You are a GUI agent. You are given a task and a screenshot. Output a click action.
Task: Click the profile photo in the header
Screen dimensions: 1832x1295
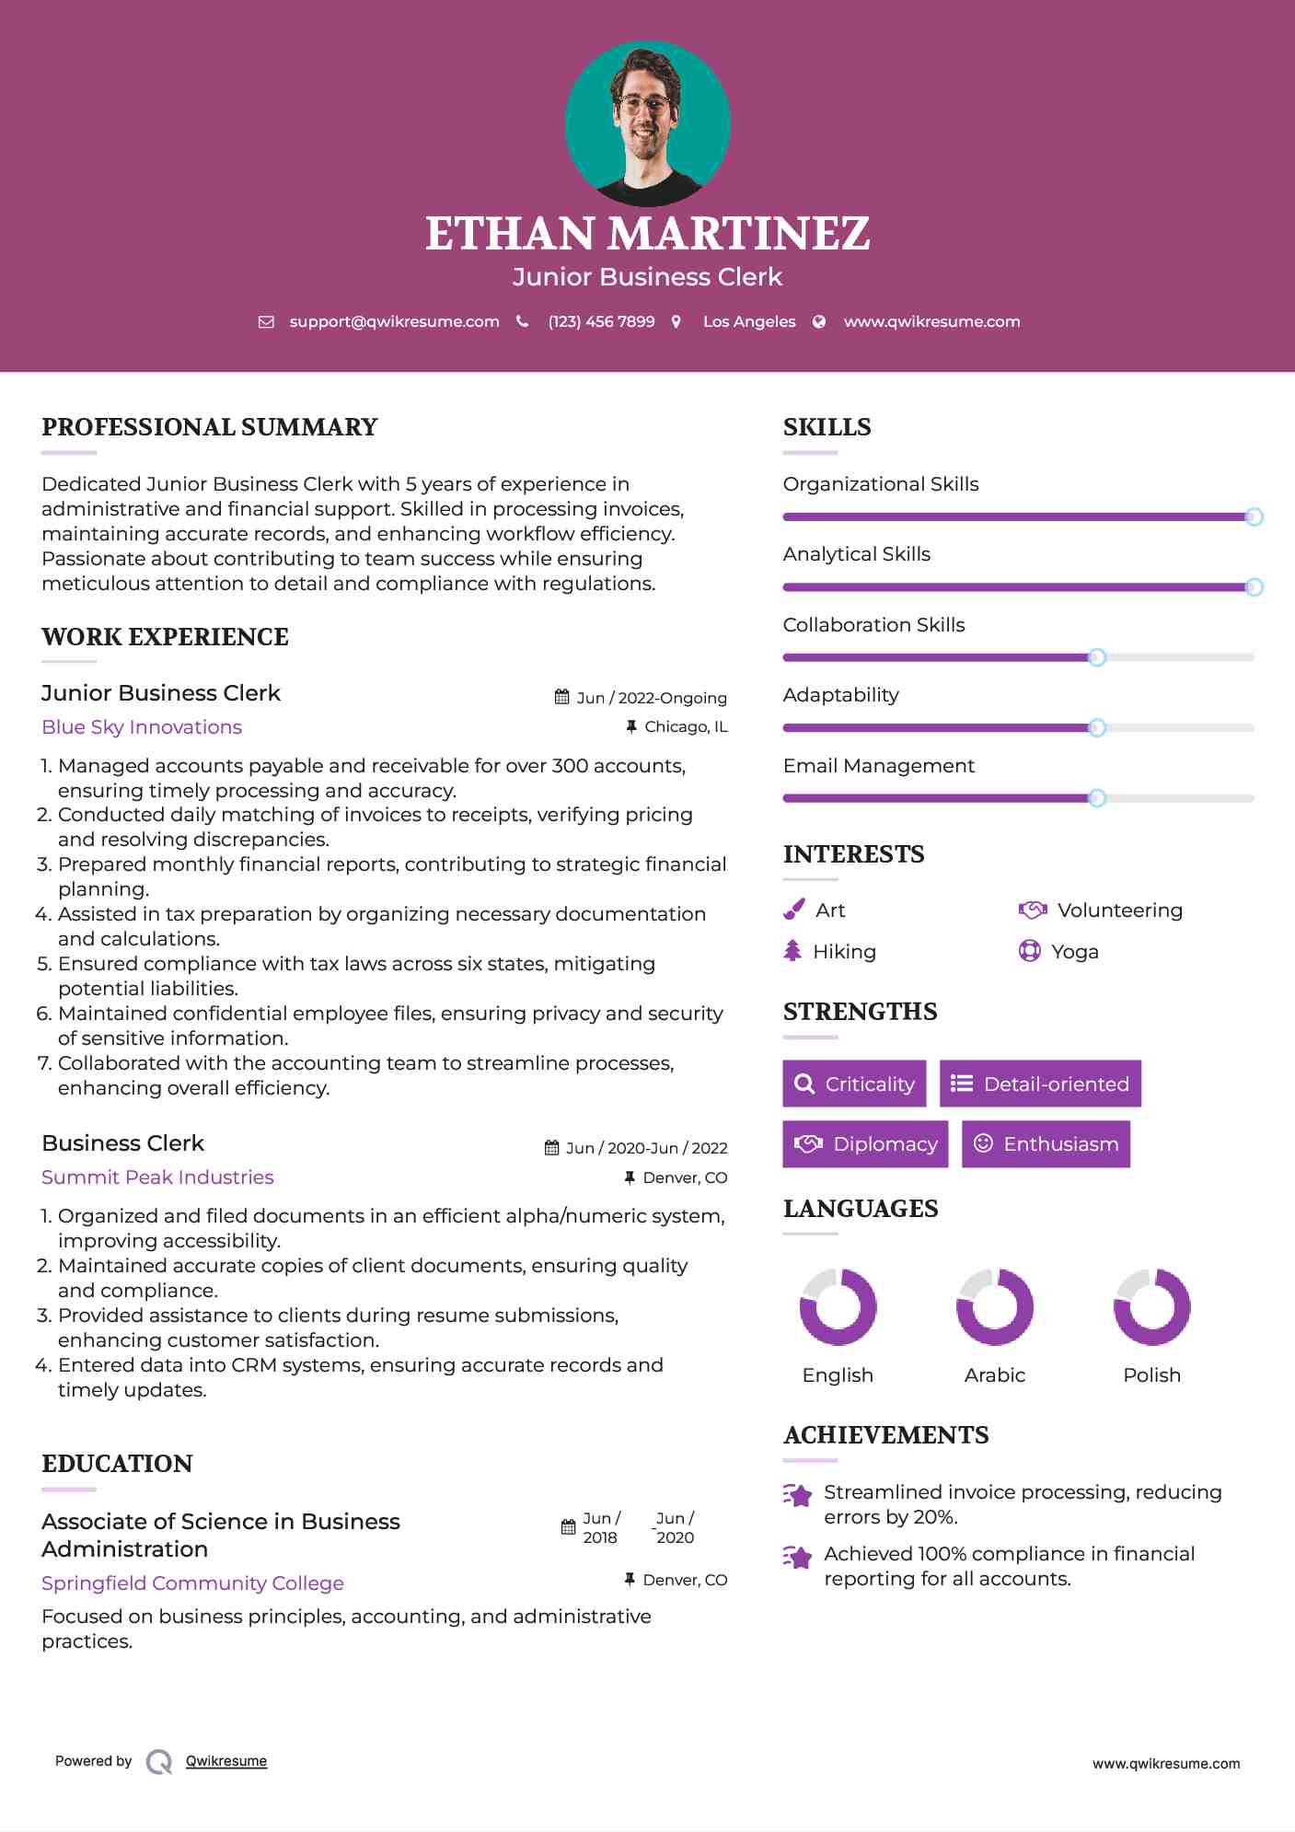tap(647, 123)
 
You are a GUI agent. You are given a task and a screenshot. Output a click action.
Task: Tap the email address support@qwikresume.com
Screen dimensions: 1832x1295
tap(394, 321)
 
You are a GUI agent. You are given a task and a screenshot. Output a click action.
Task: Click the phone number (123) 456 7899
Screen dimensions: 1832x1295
tap(601, 321)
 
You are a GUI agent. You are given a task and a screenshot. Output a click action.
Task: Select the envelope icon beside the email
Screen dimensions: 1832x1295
tap(266, 321)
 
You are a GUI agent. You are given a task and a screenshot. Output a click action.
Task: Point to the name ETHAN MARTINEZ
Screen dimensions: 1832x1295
tap(647, 233)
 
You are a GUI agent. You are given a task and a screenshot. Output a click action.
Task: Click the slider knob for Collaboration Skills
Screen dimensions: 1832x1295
tap(1096, 657)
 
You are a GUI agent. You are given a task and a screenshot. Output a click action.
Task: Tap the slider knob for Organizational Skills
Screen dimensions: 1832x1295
tap(1254, 516)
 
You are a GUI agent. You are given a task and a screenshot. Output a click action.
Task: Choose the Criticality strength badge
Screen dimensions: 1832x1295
tap(854, 1084)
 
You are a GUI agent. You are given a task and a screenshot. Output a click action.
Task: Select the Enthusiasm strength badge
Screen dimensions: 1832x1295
tap(1046, 1143)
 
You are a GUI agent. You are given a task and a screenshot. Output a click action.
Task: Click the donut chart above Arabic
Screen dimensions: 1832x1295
tap(994, 1306)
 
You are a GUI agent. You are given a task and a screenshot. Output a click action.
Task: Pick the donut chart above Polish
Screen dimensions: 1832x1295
tap(1151, 1306)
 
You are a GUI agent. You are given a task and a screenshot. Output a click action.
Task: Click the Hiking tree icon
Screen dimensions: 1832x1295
tap(792, 951)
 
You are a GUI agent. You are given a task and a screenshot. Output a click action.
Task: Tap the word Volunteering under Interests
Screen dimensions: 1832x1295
tap(1119, 910)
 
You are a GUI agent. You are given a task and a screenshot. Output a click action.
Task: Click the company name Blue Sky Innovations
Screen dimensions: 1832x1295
tap(142, 726)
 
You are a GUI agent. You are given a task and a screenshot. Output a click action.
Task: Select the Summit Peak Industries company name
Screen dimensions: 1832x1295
tap(157, 1177)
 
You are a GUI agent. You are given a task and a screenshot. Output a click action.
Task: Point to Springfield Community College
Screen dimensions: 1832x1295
tap(192, 1583)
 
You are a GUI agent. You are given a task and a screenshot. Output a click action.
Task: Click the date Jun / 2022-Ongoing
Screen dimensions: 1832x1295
tap(651, 698)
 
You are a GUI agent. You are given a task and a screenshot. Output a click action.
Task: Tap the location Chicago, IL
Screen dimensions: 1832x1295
tap(686, 726)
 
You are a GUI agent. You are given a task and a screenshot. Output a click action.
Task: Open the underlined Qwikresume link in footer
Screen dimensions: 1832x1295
tap(226, 1760)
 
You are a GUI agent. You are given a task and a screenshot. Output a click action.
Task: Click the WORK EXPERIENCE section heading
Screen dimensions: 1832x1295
tap(165, 636)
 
